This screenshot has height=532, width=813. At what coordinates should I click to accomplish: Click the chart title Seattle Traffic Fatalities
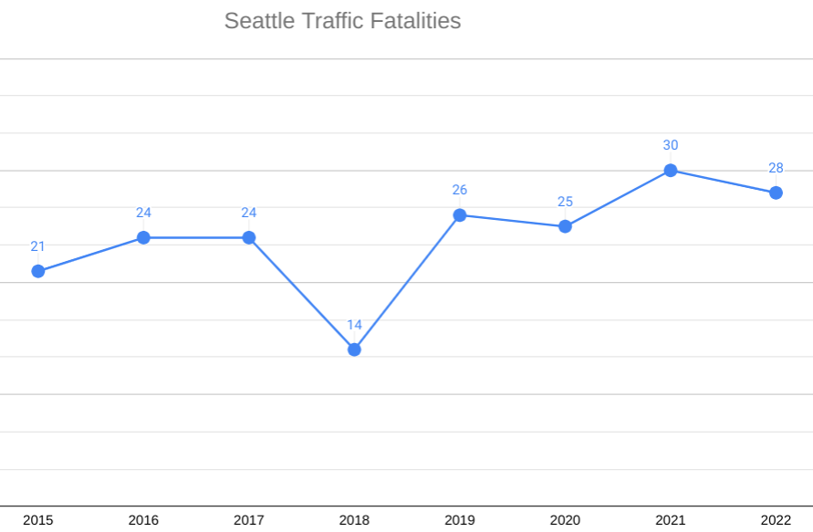coord(342,21)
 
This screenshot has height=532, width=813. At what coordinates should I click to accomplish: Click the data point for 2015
coord(38,271)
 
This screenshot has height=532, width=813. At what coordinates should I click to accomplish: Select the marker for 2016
coord(143,237)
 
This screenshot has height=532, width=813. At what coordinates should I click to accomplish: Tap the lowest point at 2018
coord(354,349)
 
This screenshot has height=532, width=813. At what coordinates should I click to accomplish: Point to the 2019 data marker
coord(460,215)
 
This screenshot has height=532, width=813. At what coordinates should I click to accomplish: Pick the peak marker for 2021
coord(671,171)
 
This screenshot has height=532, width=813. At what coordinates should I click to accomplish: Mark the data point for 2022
coord(776,193)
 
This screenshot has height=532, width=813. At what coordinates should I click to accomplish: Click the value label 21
coord(38,246)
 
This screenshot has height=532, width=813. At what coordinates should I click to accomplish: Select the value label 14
coord(354,325)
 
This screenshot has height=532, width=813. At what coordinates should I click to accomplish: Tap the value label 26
coord(460,190)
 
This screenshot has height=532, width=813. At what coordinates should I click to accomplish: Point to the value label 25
coord(565,202)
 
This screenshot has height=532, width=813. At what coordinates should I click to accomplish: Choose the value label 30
coord(671,145)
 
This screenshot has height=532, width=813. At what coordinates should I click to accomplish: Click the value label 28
coord(776,168)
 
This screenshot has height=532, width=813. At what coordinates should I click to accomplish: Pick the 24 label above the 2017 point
coord(249,213)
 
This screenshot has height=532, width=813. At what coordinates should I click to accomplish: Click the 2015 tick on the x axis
coord(38,520)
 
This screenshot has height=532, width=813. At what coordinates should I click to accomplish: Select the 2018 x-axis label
coord(354,520)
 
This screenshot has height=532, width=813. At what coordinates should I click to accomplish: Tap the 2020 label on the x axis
coord(565,520)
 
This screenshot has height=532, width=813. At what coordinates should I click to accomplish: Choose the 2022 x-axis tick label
coord(776,520)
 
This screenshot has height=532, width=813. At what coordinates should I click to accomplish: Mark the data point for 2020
coord(565,226)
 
